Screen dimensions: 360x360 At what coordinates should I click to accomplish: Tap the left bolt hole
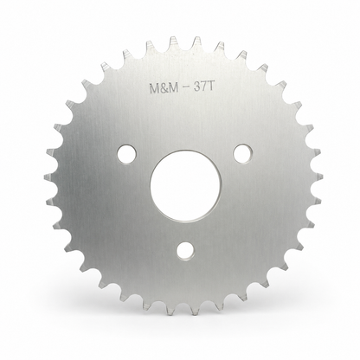[127, 153]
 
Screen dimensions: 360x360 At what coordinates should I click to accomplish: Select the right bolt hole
[242, 153]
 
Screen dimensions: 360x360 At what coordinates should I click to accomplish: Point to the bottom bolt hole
[185, 250]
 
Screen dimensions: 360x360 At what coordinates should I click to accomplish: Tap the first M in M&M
[154, 89]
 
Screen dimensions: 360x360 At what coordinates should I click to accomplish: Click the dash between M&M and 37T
[188, 89]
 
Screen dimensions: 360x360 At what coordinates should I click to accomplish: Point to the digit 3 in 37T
[198, 87]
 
